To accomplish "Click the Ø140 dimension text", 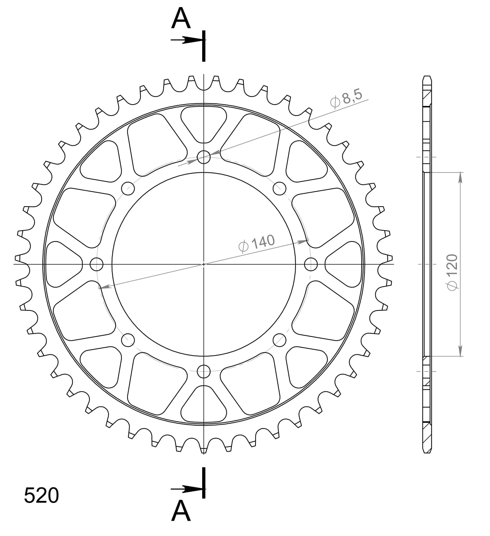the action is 257,243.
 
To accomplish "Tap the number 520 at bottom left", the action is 41,496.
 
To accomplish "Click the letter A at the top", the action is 181,19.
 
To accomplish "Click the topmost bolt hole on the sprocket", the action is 204,158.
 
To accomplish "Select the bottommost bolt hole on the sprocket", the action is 204,371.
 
